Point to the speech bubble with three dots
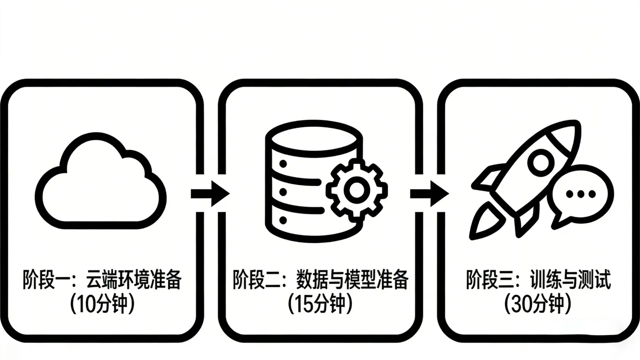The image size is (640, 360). click(x=581, y=197)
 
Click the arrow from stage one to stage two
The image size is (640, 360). click(x=210, y=193)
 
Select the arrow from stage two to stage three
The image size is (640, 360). click(x=429, y=193)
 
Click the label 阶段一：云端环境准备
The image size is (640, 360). click(x=102, y=279)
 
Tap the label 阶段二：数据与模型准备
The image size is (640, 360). click(x=320, y=279)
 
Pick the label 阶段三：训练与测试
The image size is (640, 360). click(x=538, y=279)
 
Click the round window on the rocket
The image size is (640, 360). click(x=541, y=161)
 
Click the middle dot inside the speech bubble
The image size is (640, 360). click(x=581, y=194)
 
